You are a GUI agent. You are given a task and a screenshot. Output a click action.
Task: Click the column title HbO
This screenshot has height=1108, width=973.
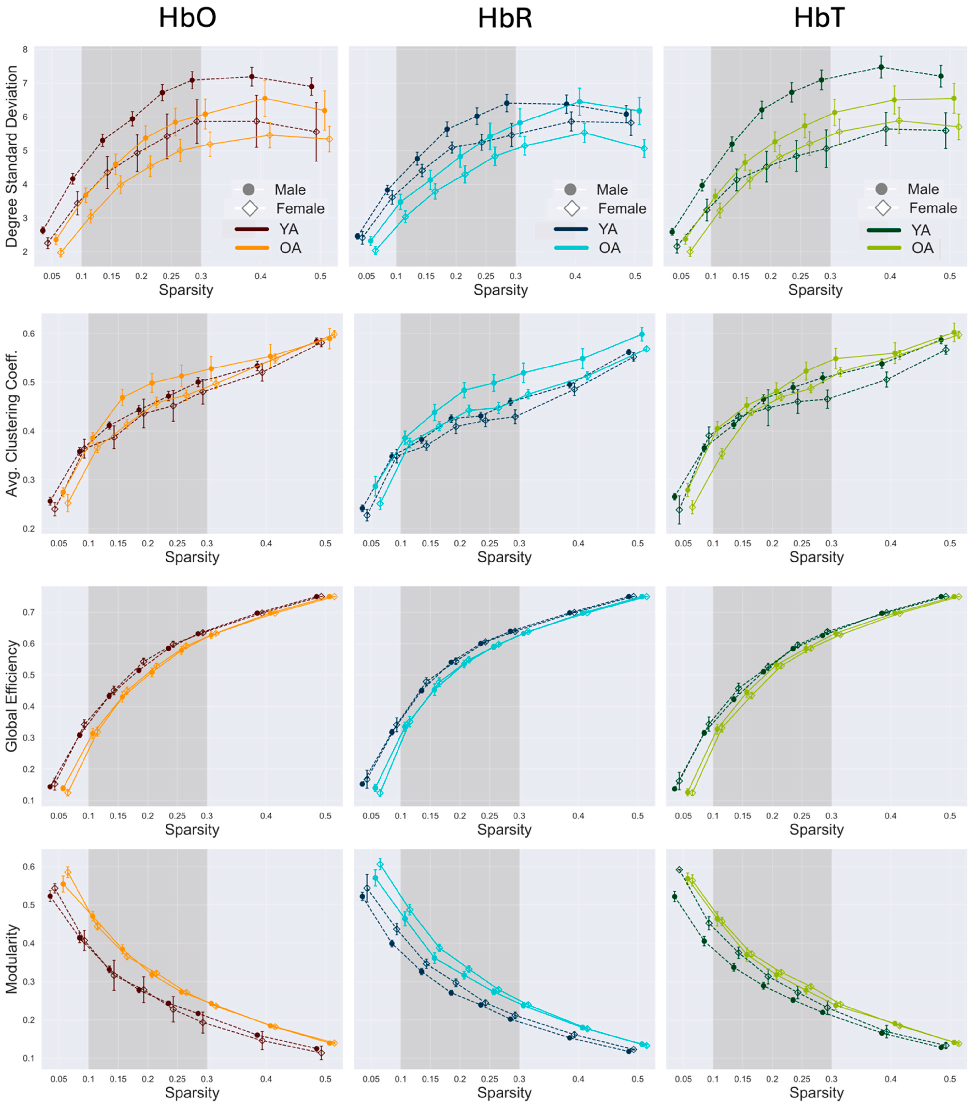[x=188, y=18]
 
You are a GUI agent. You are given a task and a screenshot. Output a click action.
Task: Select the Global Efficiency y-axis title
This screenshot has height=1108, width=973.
[x=12, y=696]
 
